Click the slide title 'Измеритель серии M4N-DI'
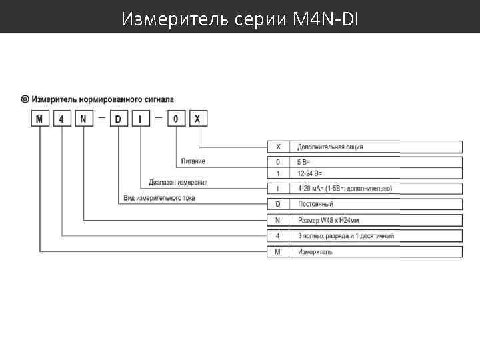(x=240, y=19)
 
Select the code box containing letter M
(x=40, y=119)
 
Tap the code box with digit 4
(x=62, y=119)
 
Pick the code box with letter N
(x=83, y=119)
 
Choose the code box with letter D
(x=119, y=119)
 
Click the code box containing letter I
(x=141, y=119)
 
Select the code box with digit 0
(x=176, y=119)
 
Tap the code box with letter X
(x=198, y=119)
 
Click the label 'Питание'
(x=193, y=161)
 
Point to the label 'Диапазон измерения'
(x=178, y=182)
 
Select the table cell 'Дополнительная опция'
(x=330, y=147)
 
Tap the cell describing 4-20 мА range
(x=344, y=189)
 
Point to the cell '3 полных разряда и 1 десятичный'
(x=345, y=236)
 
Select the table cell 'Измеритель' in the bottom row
(x=315, y=252)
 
